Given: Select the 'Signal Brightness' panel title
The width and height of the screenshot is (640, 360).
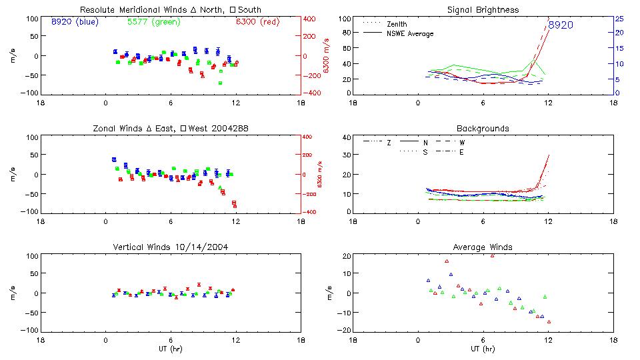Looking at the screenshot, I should coord(483,10).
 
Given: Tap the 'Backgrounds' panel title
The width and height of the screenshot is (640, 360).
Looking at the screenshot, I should coord(483,128).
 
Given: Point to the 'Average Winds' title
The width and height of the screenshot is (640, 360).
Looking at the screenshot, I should coord(483,247).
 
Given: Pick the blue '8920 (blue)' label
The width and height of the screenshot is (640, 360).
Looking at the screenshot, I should coord(74,22).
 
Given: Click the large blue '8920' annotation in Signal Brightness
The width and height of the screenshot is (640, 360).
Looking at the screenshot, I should coord(561,25).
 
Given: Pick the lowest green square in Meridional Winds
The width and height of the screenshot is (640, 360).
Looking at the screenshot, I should coord(220,83).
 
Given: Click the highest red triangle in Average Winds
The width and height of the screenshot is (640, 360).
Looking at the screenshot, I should coord(493,255).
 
